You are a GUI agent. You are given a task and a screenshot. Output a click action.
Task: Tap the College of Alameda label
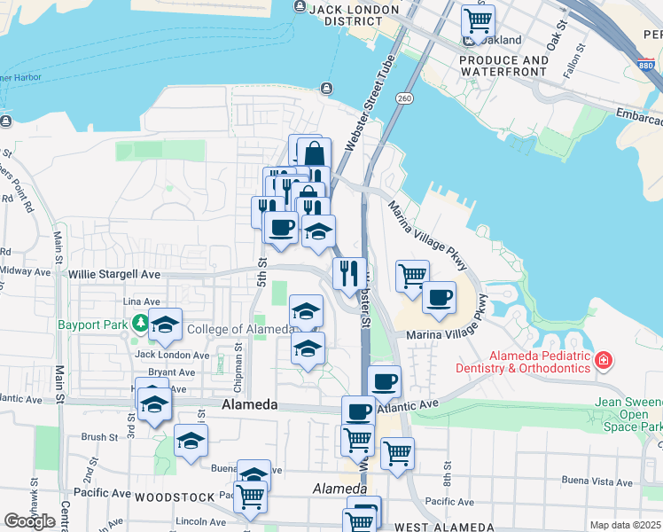[239, 330]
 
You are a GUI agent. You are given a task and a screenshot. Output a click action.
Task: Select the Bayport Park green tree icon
[140, 325]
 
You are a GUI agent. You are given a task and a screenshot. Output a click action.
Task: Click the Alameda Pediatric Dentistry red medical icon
[603, 361]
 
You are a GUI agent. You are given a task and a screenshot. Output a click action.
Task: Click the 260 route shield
[405, 98]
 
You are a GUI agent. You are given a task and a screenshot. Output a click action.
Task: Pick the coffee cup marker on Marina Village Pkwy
[439, 298]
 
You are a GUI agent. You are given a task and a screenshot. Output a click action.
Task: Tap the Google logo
[29, 520]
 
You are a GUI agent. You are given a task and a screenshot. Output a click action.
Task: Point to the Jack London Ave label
[172, 355]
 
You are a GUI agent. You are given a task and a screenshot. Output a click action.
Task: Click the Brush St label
[99, 437]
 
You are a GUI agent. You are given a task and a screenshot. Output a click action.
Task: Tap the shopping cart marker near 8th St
[398, 452]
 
